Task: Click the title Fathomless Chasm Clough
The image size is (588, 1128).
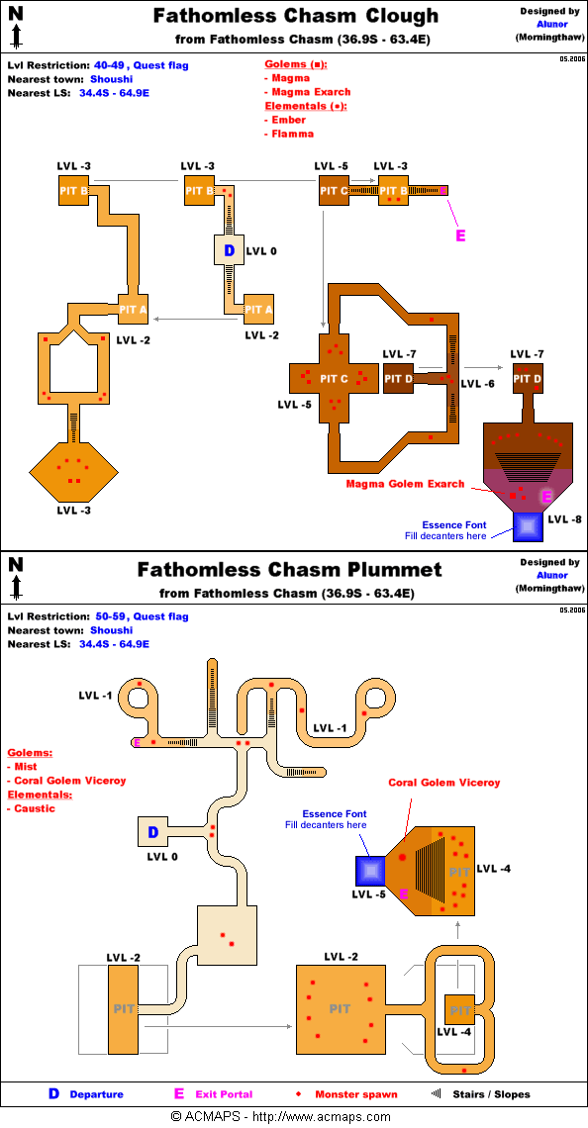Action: click(x=295, y=15)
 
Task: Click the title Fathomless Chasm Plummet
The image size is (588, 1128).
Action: click(x=289, y=570)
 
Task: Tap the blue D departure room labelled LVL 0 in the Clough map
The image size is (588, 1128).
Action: click(x=230, y=251)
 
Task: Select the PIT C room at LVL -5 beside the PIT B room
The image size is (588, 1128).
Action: click(x=334, y=191)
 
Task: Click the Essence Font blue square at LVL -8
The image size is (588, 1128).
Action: click(x=528, y=527)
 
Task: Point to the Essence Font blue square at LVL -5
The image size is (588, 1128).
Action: click(x=371, y=871)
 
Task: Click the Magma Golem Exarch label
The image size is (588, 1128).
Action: click(x=405, y=484)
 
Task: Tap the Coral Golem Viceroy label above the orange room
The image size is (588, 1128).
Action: click(x=444, y=782)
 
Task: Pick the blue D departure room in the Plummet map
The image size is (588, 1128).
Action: click(x=152, y=832)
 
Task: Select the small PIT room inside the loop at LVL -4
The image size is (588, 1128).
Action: click(x=460, y=1010)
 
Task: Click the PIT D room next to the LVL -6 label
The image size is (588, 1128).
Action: click(x=398, y=378)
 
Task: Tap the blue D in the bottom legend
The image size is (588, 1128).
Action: click(x=53, y=1094)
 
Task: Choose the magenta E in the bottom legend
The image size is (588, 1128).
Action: click(x=179, y=1094)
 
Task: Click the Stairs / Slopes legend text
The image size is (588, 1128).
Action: click(x=492, y=1094)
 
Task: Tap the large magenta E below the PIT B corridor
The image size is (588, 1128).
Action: click(x=460, y=235)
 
